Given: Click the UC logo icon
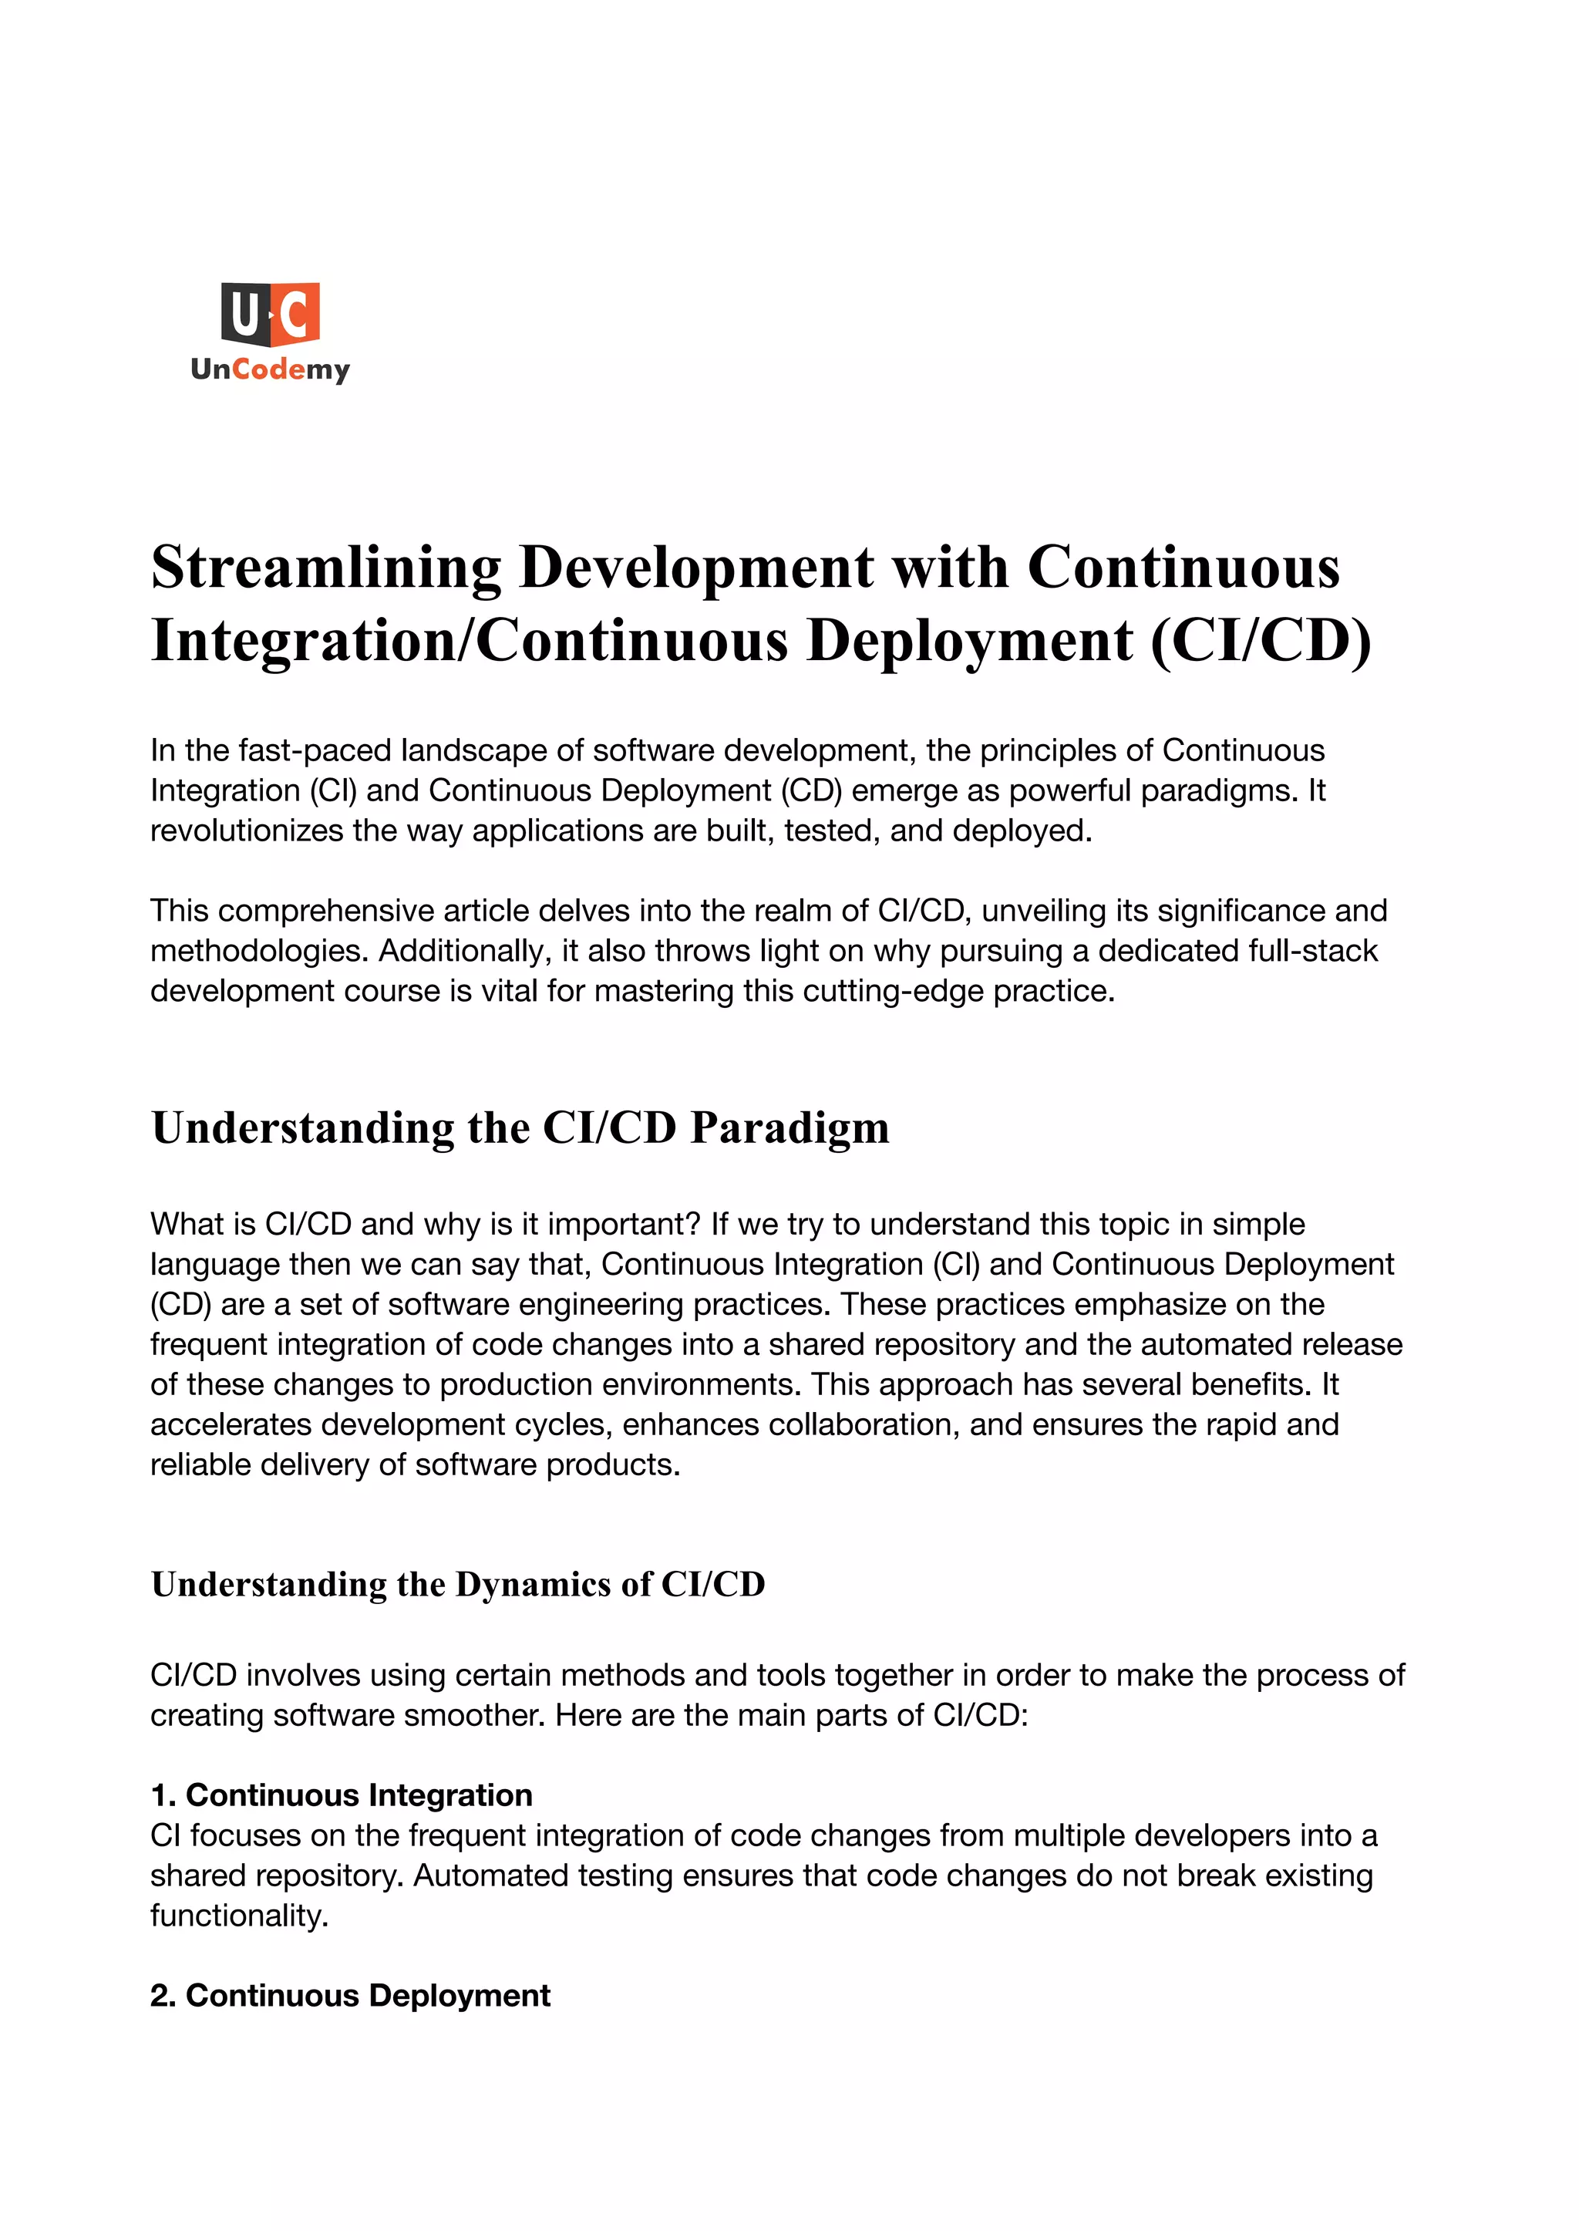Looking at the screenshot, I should (x=271, y=313).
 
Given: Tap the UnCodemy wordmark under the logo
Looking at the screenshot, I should (x=271, y=369).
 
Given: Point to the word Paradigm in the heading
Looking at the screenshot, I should (x=789, y=1128).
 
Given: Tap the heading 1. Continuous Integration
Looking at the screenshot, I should (x=342, y=1795).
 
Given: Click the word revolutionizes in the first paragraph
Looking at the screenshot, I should (x=247, y=831).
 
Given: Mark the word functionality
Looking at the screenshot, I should (x=239, y=1915).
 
